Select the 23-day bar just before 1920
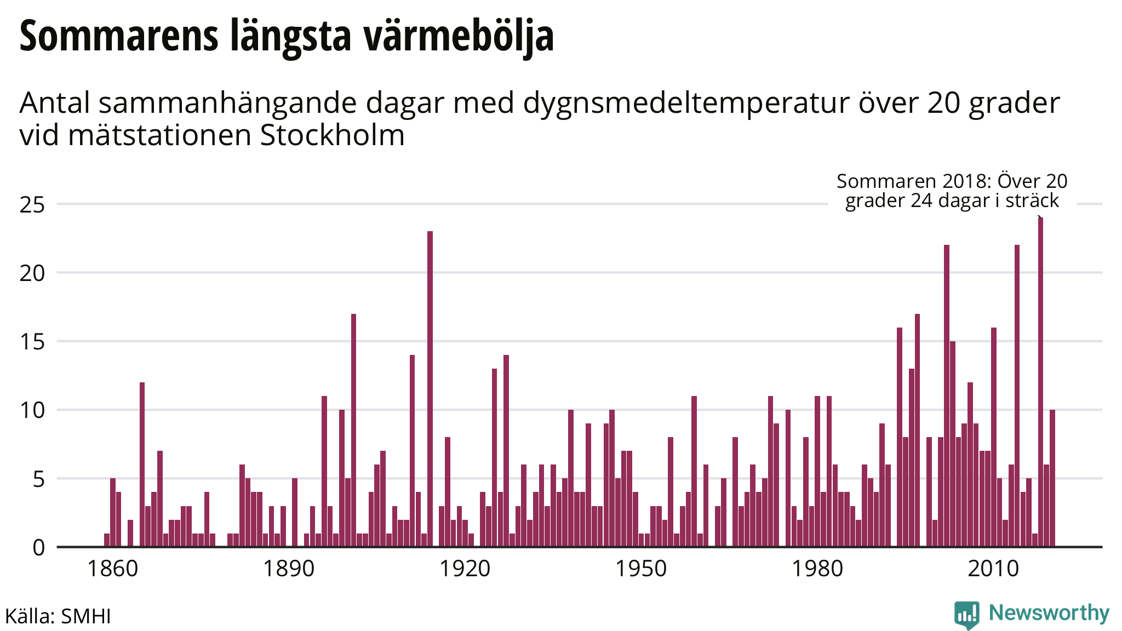pos(430,389)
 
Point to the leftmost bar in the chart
pos(107,540)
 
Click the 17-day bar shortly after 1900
pos(353,430)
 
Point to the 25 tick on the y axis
pos(32,205)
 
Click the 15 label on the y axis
pos(32,342)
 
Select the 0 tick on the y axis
pos(38,547)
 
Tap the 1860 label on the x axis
pos(113,569)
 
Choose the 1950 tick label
pos(641,569)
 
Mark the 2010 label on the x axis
pos(993,569)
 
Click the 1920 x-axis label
pos(465,569)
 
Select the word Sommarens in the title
pos(119,36)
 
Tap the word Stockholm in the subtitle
pos(332,135)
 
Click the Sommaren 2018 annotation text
pos(952,191)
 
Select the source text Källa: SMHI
pos(58,616)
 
